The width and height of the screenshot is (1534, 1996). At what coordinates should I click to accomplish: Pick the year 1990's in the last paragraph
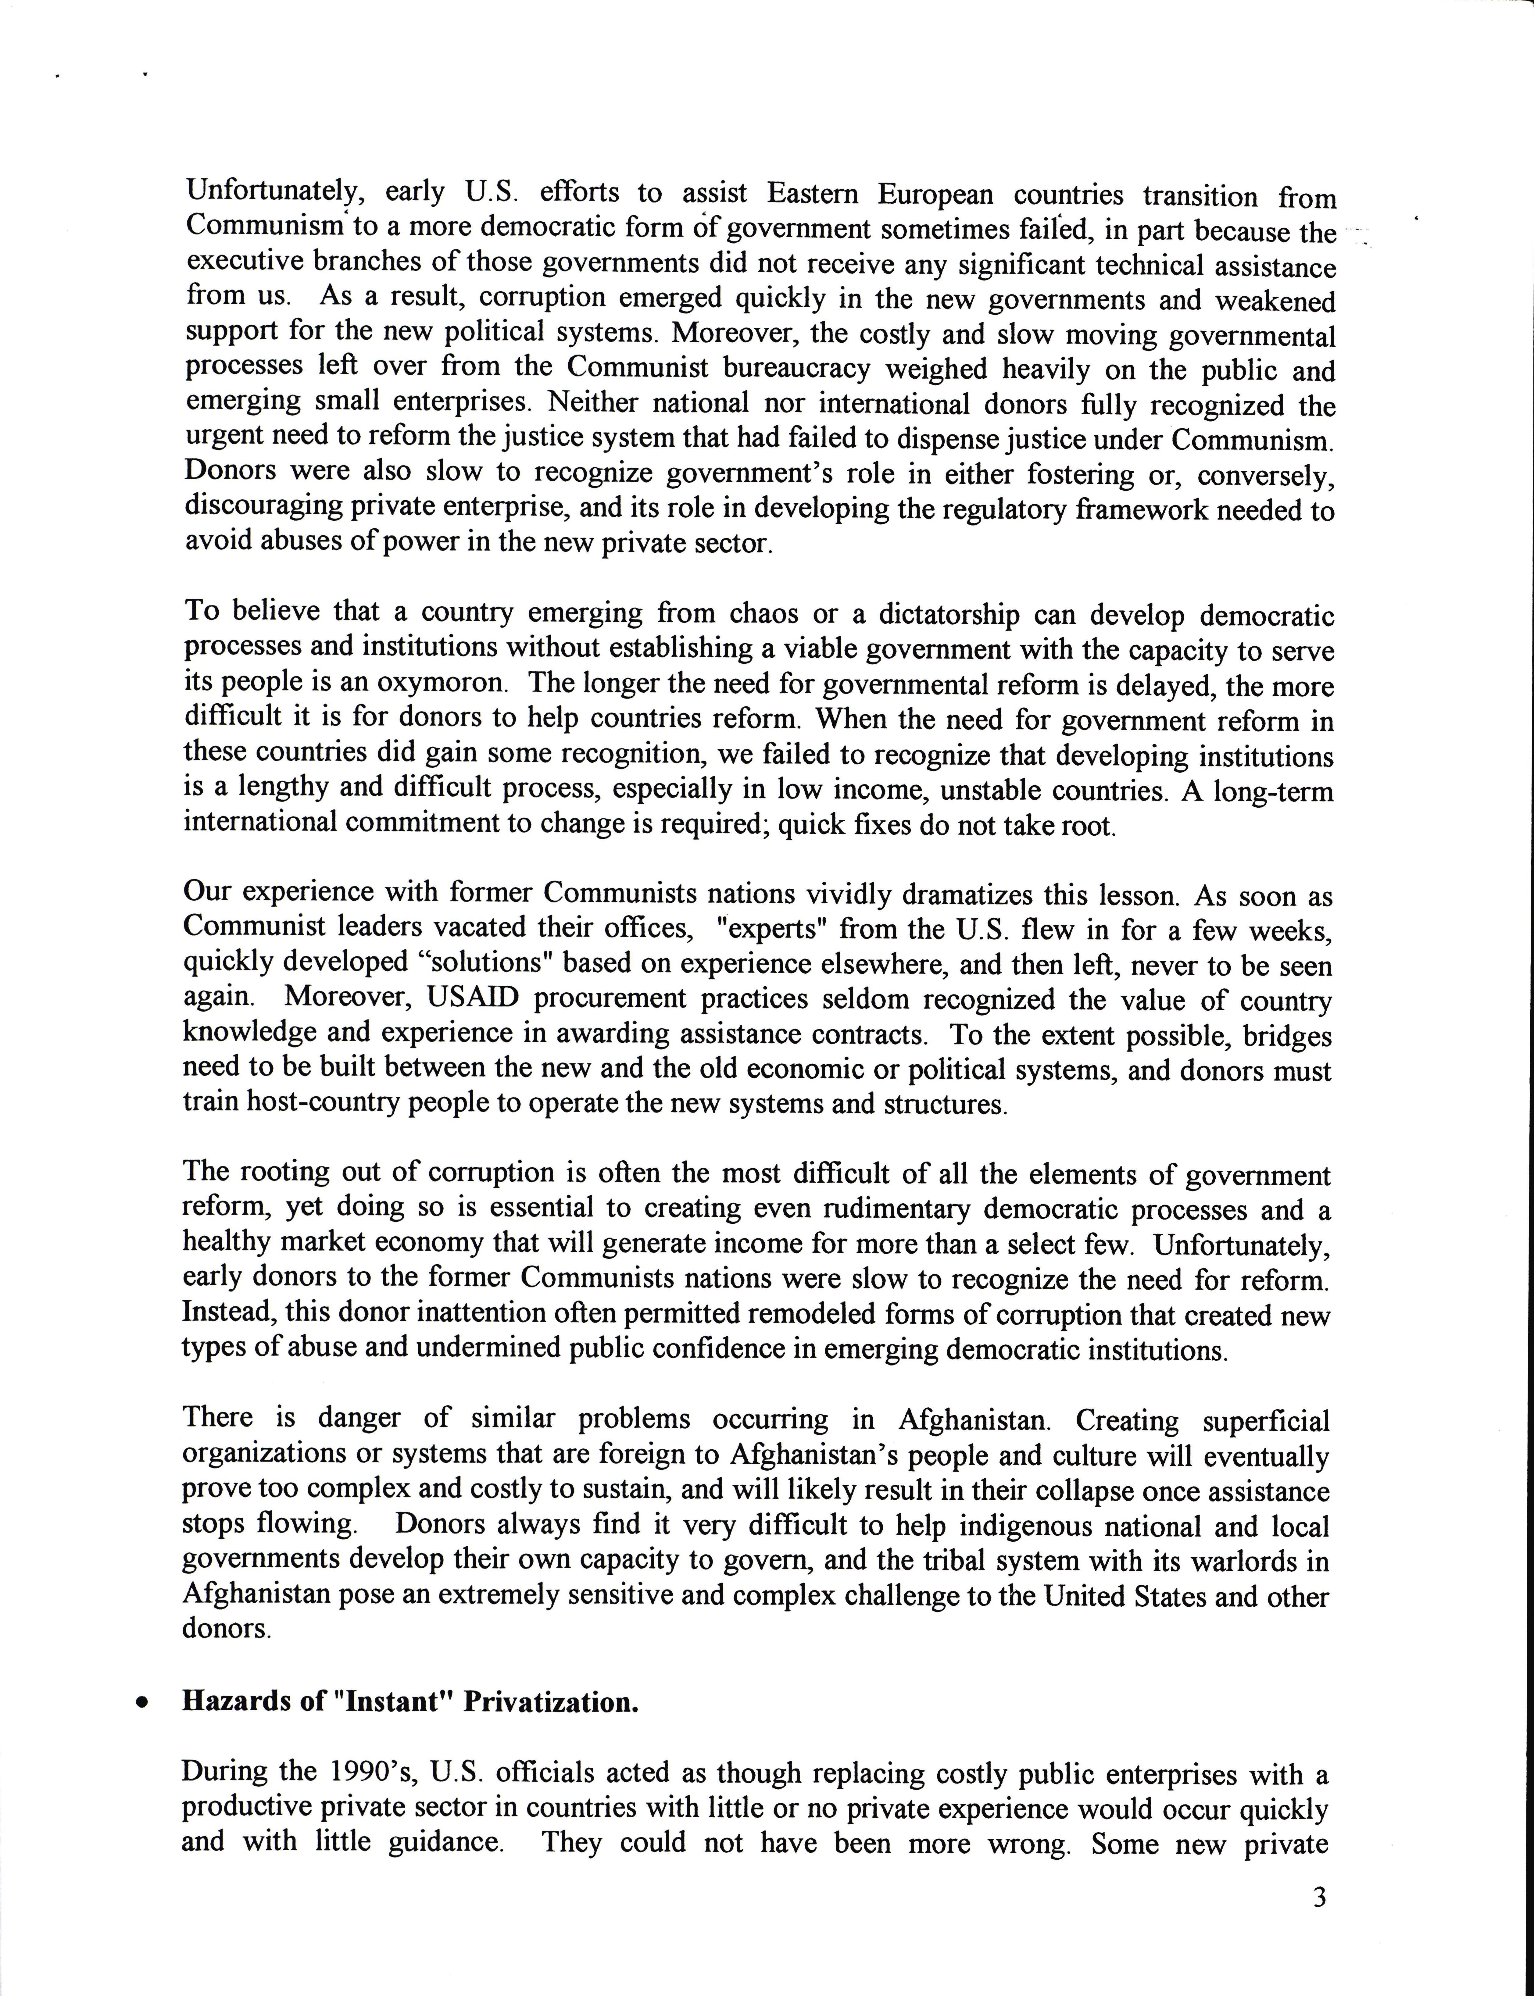coord(367,1772)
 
